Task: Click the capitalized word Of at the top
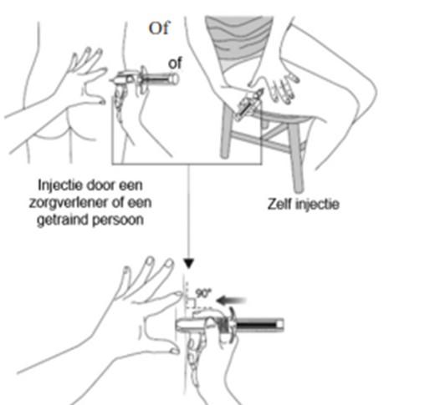pyautogui.click(x=159, y=28)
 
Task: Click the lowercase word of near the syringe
pyautogui.click(x=175, y=63)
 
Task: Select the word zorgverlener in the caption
pyautogui.click(x=68, y=203)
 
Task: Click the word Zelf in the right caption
pyautogui.click(x=279, y=204)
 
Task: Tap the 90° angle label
pyautogui.click(x=203, y=293)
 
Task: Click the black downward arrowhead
pyautogui.click(x=189, y=263)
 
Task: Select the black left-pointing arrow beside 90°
pyautogui.click(x=231, y=301)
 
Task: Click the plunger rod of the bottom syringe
pyautogui.click(x=257, y=325)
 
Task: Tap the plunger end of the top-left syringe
pyautogui.click(x=174, y=78)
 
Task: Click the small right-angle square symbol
pyautogui.click(x=191, y=303)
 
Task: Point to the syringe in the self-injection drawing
pyautogui.click(x=248, y=105)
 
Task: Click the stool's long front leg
pyautogui.click(x=296, y=158)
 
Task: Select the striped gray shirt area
pyautogui.click(x=238, y=41)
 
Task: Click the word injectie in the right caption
pyautogui.click(x=317, y=205)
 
